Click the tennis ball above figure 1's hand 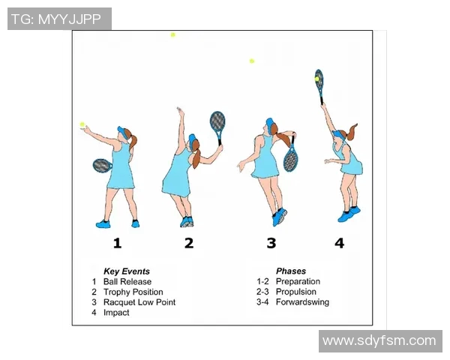point(82,124)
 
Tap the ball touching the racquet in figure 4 point(316,79)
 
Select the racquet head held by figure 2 point(217,121)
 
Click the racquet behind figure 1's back point(102,166)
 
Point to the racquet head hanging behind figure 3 point(291,158)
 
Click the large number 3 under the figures point(271,243)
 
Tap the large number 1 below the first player point(117,243)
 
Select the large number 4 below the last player point(339,243)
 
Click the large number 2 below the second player point(189,243)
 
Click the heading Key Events point(127,271)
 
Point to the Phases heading point(291,271)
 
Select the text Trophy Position point(133,292)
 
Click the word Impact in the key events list point(116,313)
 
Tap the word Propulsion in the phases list point(296,292)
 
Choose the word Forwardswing point(302,302)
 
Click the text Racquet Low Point point(139,302)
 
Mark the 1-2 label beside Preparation point(262,281)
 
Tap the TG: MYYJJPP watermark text point(56,19)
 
